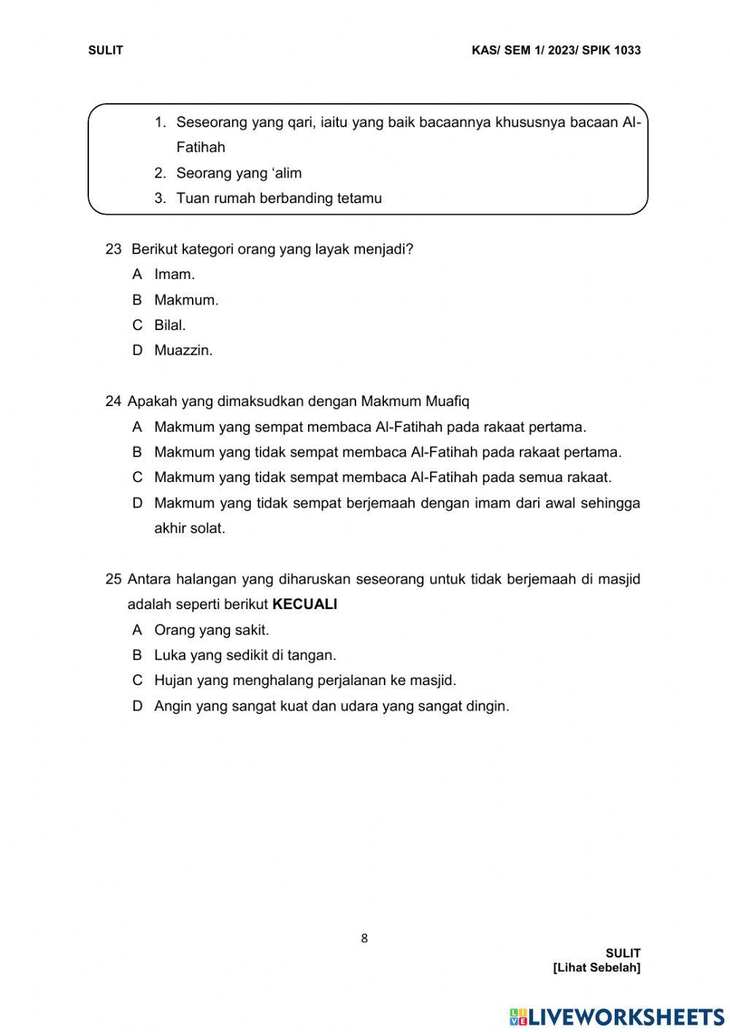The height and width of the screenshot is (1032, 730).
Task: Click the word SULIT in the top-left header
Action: (105, 50)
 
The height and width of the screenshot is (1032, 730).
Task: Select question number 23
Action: (113, 249)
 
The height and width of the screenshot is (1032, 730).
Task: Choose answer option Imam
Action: (174, 275)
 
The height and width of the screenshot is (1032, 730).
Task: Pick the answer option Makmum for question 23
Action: (186, 300)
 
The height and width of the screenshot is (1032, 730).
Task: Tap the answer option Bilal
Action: (170, 325)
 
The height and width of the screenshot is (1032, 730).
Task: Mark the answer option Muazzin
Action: (183, 351)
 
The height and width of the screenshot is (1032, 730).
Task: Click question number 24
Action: (113, 401)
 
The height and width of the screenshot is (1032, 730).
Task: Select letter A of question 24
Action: (137, 427)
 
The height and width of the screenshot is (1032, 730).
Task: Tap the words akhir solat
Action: (190, 529)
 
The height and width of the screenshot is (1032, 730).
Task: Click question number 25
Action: (113, 579)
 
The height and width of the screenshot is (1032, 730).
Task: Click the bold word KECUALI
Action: (304, 605)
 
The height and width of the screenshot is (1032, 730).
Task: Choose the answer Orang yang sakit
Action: (212, 630)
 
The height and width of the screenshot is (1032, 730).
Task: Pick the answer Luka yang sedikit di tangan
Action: (245, 655)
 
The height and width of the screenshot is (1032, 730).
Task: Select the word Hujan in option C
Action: (173, 681)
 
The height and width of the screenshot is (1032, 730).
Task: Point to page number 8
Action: (364, 939)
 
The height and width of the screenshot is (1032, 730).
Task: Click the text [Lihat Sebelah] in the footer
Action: (596, 968)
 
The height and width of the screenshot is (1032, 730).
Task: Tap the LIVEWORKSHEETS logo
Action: (617, 1017)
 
